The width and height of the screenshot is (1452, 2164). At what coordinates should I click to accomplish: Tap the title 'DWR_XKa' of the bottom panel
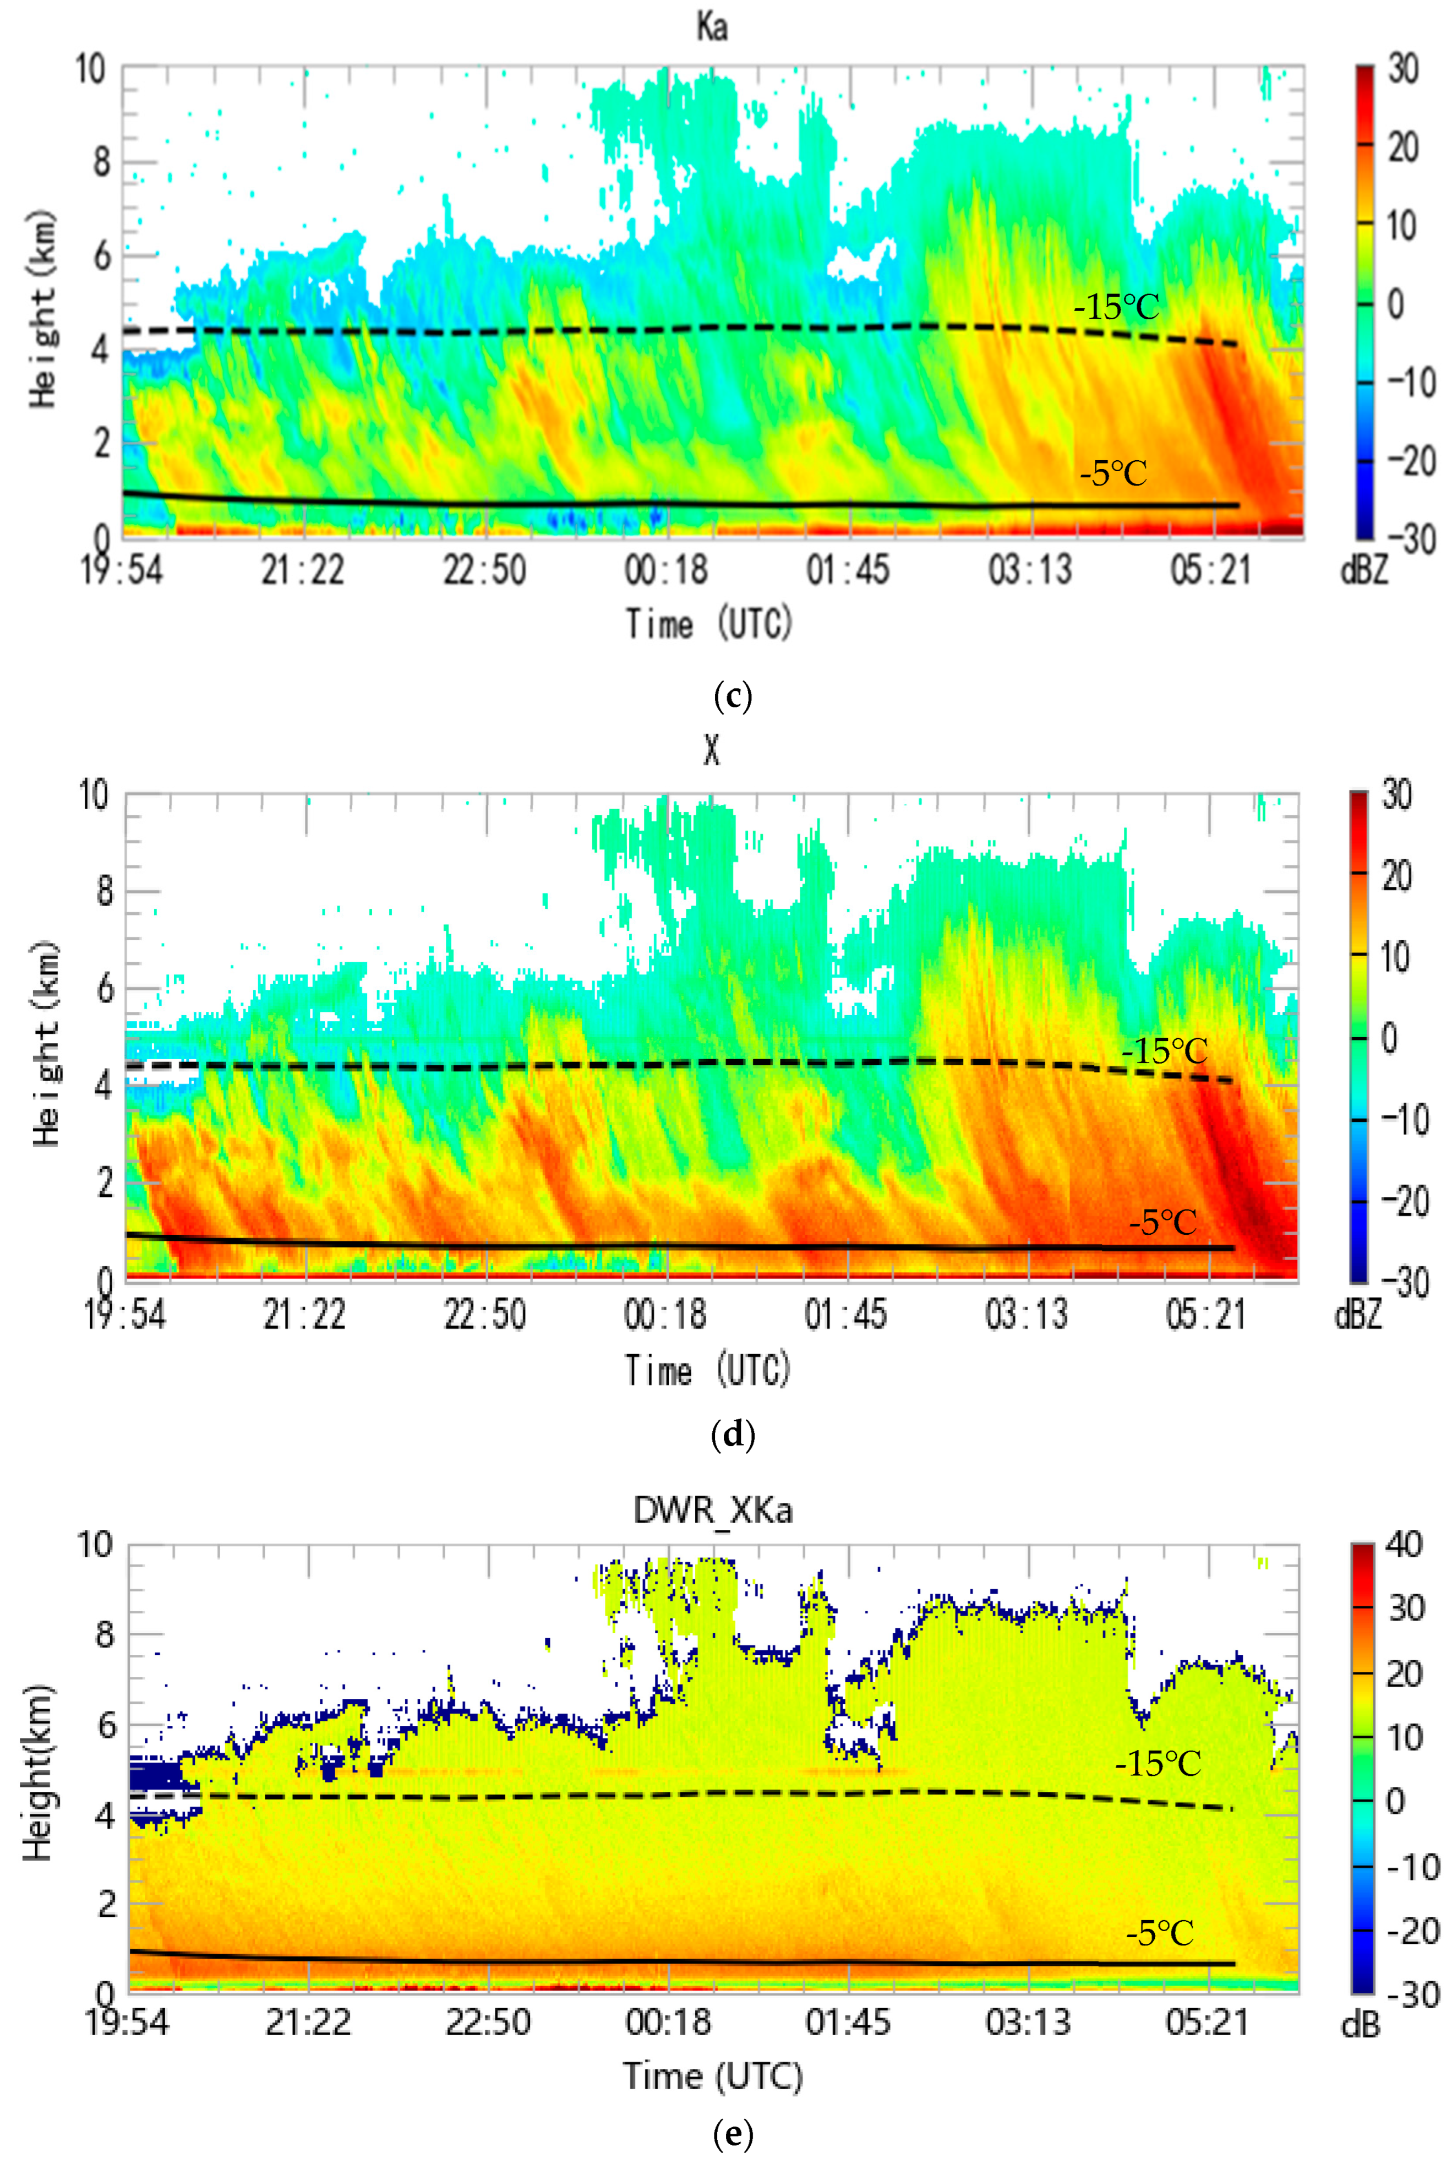click(x=712, y=1510)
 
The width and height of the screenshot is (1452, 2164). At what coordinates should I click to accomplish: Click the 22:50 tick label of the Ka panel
click(x=484, y=569)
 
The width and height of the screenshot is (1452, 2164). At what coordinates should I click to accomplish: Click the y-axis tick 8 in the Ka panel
click(x=100, y=162)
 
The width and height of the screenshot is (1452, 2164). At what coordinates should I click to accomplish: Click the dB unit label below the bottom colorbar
click(x=1360, y=2026)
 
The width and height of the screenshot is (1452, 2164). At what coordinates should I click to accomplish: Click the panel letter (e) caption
click(x=733, y=2134)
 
